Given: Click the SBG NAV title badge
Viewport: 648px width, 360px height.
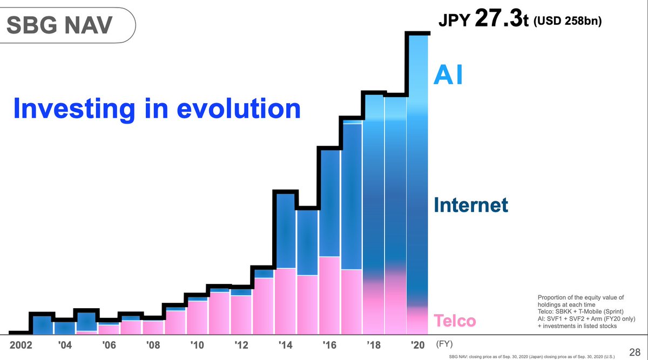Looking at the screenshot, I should [x=68, y=25].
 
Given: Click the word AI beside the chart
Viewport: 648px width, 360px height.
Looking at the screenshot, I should [x=448, y=76].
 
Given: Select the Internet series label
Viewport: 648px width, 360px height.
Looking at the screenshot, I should [x=471, y=205].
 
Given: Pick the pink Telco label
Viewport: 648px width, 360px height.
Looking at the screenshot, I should [x=455, y=321].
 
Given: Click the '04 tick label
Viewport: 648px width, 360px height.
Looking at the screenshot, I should [x=65, y=345].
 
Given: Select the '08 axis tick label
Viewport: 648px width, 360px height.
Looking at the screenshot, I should [x=153, y=345].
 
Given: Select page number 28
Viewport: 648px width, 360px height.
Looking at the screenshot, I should [x=634, y=350].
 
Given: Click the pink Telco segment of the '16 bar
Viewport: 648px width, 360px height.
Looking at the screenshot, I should [x=329, y=295].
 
